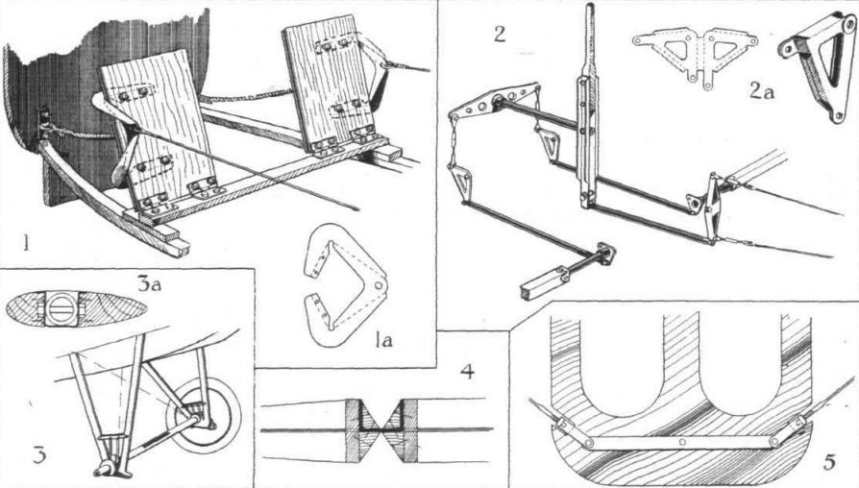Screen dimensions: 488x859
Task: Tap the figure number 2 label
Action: point(499,35)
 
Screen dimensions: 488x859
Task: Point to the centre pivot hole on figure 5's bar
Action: point(682,443)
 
